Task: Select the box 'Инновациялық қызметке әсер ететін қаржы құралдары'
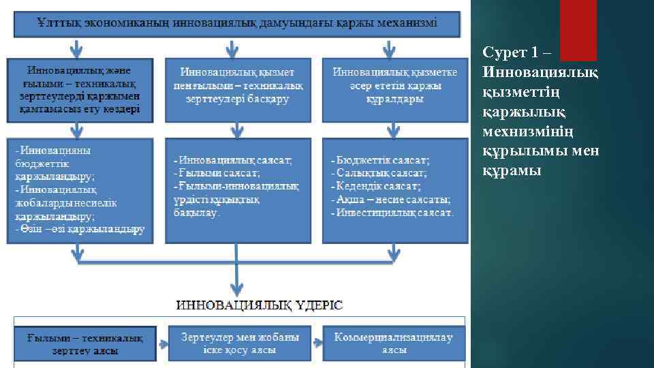tap(395, 86)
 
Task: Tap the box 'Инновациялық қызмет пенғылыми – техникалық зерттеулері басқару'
tap(237, 86)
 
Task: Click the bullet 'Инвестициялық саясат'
tap(394, 213)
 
